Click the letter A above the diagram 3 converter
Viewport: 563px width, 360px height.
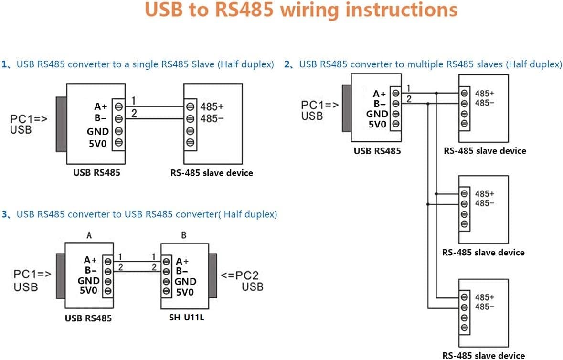point(89,235)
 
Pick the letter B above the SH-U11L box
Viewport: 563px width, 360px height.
point(184,235)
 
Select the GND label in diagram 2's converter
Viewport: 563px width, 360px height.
point(377,114)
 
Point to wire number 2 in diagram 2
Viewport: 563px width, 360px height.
point(409,99)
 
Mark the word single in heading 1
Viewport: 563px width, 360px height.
point(142,64)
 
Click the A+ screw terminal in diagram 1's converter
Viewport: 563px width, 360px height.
point(118,106)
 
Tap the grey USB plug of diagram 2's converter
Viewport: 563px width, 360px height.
point(346,107)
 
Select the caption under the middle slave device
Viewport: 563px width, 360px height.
point(483,252)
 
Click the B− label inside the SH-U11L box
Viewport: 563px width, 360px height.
point(182,271)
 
